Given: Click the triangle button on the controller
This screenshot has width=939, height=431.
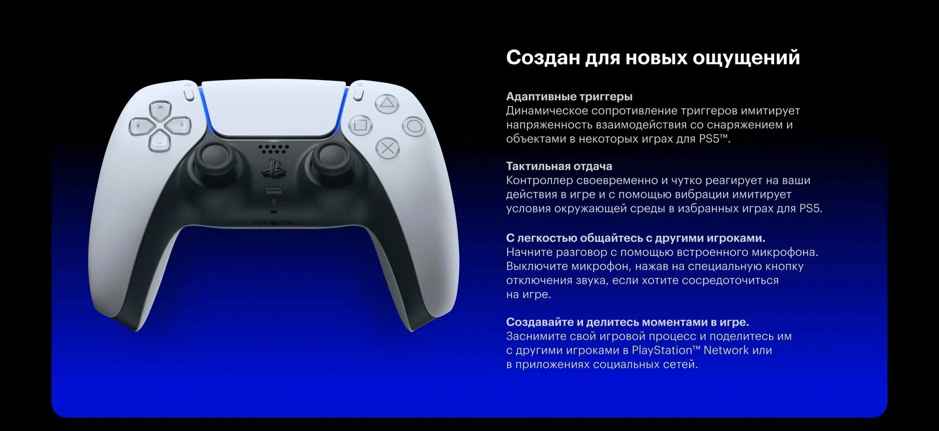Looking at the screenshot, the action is pyautogui.click(x=387, y=104).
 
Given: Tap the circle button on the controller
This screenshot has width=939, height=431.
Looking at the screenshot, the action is pyautogui.click(x=414, y=126).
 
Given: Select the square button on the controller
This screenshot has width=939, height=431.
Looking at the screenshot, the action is pyautogui.click(x=361, y=125).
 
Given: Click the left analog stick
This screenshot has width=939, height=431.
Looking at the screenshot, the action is pyautogui.click(x=214, y=158).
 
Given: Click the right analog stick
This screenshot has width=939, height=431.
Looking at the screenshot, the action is pyautogui.click(x=331, y=158).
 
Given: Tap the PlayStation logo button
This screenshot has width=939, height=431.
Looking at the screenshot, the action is pyautogui.click(x=273, y=168).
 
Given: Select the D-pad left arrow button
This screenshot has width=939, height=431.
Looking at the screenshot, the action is pyautogui.click(x=140, y=126).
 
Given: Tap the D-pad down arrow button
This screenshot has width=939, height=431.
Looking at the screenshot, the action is pyautogui.click(x=160, y=141).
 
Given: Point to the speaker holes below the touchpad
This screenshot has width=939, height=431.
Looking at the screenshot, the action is pyautogui.click(x=274, y=149).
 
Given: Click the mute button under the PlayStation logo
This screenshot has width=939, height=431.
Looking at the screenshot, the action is pyautogui.click(x=274, y=191).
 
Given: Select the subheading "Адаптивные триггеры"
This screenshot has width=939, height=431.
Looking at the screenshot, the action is pyautogui.click(x=569, y=97).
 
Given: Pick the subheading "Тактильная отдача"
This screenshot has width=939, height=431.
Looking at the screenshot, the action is pyautogui.click(x=559, y=166).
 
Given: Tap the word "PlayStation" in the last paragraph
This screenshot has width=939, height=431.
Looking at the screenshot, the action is pyautogui.click(x=662, y=350).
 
